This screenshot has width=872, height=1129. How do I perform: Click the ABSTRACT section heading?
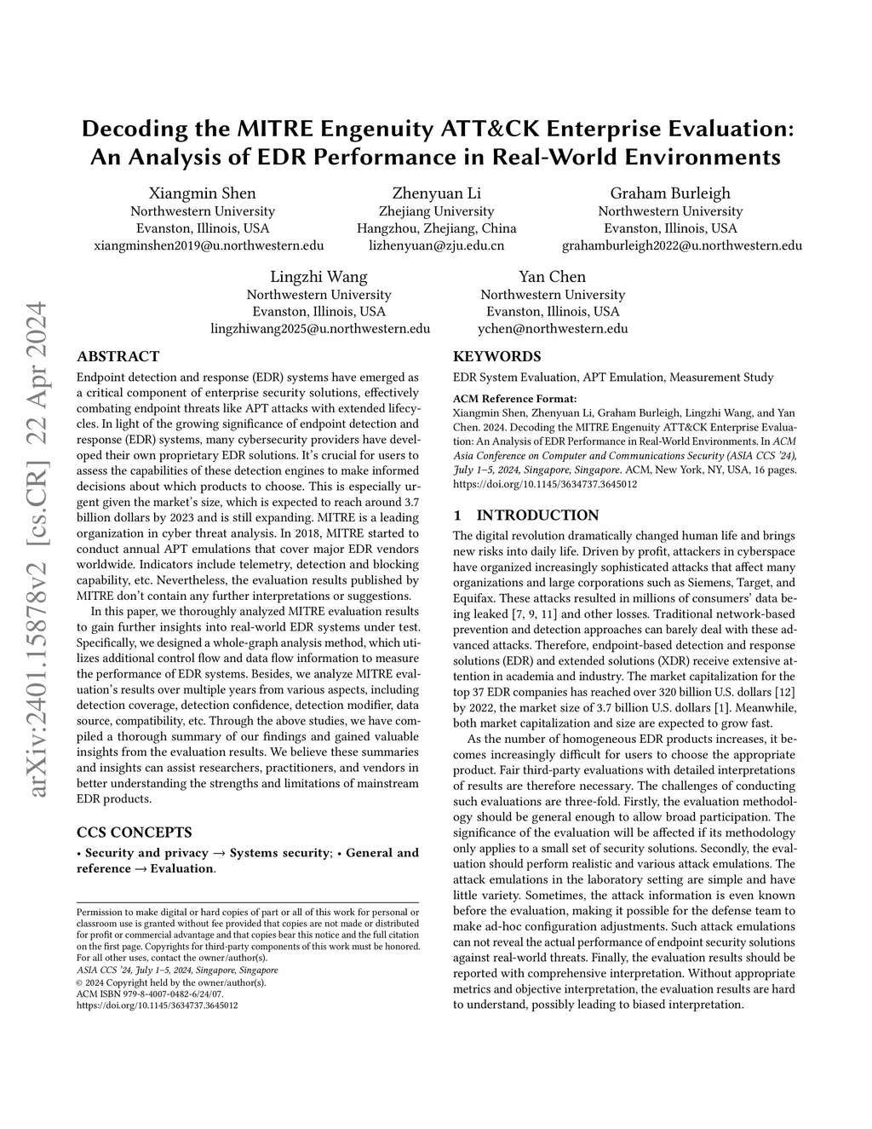pyautogui.click(x=118, y=357)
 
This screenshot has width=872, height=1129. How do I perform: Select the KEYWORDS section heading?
pyautogui.click(x=496, y=357)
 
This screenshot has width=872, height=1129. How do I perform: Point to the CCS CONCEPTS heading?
pyautogui.click(x=135, y=832)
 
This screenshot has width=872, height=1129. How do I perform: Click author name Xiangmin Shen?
pyautogui.click(x=203, y=193)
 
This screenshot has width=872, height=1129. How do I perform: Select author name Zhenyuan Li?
pyautogui.click(x=436, y=193)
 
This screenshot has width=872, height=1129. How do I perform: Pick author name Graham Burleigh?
pyautogui.click(x=670, y=193)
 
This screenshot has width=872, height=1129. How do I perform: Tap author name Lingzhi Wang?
pyautogui.click(x=319, y=277)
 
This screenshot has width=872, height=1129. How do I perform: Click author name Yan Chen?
pyautogui.click(x=553, y=277)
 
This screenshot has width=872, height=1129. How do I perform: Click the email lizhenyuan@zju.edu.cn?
pyautogui.click(x=436, y=245)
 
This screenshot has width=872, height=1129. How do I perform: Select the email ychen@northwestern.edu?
pyautogui.click(x=553, y=329)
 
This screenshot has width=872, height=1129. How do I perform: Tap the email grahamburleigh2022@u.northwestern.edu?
pyautogui.click(x=681, y=245)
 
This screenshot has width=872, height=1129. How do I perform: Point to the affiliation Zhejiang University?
pyautogui.click(x=436, y=211)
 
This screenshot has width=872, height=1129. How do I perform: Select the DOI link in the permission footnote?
pyautogui.click(x=158, y=1005)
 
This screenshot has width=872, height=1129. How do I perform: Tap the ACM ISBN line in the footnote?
pyautogui.click(x=150, y=994)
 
